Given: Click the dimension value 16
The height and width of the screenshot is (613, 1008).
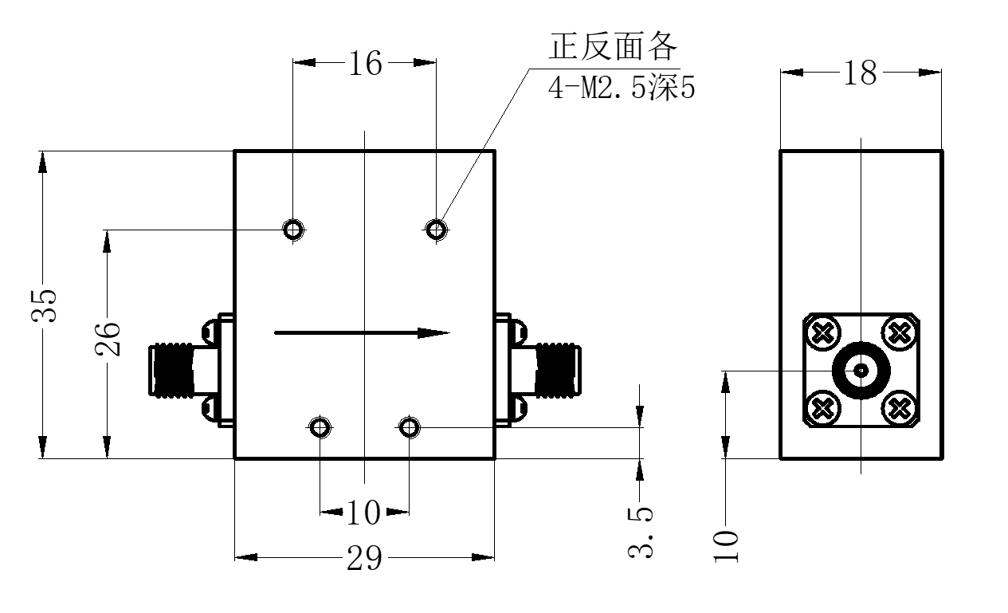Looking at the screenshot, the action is click(x=366, y=63).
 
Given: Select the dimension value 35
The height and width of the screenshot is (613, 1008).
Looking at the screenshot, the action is click(x=44, y=305).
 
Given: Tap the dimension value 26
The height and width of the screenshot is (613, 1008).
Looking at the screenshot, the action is click(x=108, y=340).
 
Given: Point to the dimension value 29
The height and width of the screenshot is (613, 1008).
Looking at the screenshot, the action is click(x=364, y=558).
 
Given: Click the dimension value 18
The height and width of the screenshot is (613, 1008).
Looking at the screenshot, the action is click(x=861, y=73).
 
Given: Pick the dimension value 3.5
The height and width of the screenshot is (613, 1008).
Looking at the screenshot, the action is click(x=641, y=532).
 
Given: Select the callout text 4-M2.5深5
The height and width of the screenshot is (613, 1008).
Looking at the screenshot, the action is click(x=622, y=88).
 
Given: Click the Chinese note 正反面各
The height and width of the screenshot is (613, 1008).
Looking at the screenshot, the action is click(x=613, y=46).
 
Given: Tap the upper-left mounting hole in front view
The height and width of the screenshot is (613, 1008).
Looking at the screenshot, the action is click(x=293, y=230).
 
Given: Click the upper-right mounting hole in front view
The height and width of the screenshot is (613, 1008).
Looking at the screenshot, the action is click(x=436, y=230).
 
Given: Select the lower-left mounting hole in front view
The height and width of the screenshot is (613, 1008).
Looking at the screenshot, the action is click(x=320, y=427).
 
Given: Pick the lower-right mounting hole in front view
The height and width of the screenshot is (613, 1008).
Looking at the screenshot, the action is click(x=409, y=427).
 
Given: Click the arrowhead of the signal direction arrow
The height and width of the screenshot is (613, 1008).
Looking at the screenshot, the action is click(x=433, y=333).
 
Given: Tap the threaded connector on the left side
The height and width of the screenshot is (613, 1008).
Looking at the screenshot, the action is click(x=172, y=371).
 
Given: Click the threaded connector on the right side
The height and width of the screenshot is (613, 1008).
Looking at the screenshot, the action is click(x=558, y=371).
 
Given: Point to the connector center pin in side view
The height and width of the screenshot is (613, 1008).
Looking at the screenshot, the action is click(x=861, y=371).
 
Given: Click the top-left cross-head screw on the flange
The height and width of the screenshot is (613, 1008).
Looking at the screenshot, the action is click(x=823, y=333).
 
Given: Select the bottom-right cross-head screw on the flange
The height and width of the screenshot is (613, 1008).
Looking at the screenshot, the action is click(x=899, y=408).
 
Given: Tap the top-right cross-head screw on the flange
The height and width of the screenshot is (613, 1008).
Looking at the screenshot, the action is click(x=899, y=333).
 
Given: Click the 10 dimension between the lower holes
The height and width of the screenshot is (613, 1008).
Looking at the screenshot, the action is click(x=364, y=513).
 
